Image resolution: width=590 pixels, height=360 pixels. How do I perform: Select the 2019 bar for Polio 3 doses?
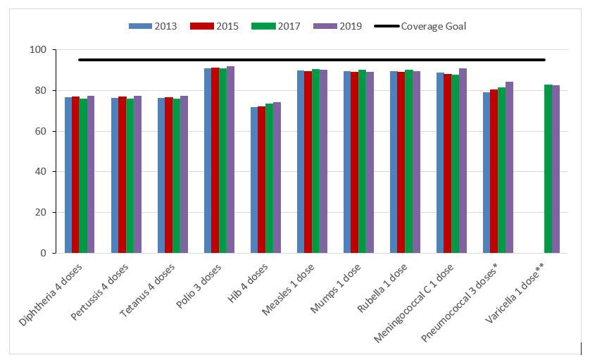pyautogui.click(x=230, y=159)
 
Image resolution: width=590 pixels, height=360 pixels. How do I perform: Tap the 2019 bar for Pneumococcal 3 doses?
pyautogui.click(x=509, y=167)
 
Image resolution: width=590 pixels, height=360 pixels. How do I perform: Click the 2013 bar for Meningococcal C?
pyautogui.click(x=440, y=163)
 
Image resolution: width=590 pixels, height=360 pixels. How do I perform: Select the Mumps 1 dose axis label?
pyautogui.click(x=339, y=285)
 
